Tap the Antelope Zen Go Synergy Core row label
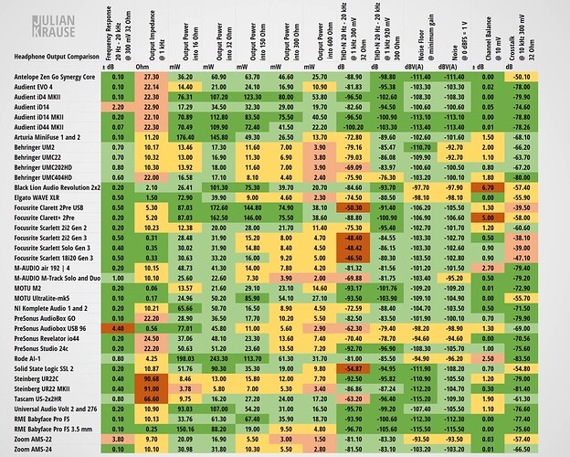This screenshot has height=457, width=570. (x=54, y=77)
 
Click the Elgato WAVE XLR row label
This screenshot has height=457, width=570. (x=37, y=197)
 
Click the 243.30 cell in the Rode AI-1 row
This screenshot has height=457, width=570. (x=217, y=357)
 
